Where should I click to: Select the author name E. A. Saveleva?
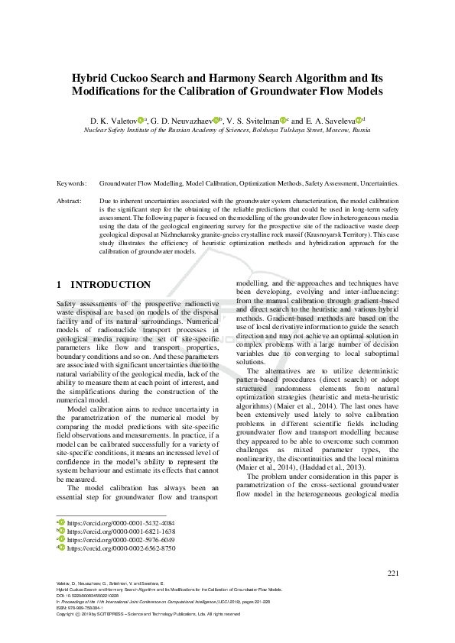[x=332, y=120]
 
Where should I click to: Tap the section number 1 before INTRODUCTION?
[x=60, y=285]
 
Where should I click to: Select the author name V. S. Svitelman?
[x=253, y=120]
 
